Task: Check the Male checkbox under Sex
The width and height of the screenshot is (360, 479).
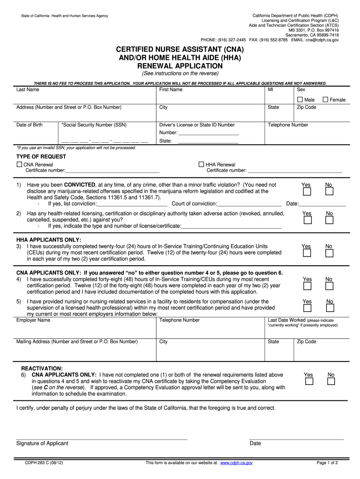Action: pos(300,100)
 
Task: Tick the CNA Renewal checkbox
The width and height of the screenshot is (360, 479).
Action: pos(19,165)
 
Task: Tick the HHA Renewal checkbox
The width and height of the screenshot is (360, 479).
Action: pos(202,165)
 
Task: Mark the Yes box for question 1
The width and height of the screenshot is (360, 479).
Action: pos(306,192)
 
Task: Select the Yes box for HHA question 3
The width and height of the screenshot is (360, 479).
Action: pos(306,253)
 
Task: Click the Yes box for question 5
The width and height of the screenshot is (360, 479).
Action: pos(306,309)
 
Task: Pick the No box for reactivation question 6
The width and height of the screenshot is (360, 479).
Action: pos(331,381)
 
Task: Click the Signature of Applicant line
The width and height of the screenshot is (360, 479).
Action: pos(101,439)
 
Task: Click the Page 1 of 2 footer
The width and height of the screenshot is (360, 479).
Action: pos(327,463)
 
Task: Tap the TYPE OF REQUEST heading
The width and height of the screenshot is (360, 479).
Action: pos(41,157)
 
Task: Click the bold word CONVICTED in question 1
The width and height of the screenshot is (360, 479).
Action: pos(80,185)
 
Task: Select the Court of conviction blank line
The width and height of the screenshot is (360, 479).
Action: pos(249,204)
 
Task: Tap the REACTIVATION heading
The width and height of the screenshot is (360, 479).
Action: pos(42,369)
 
